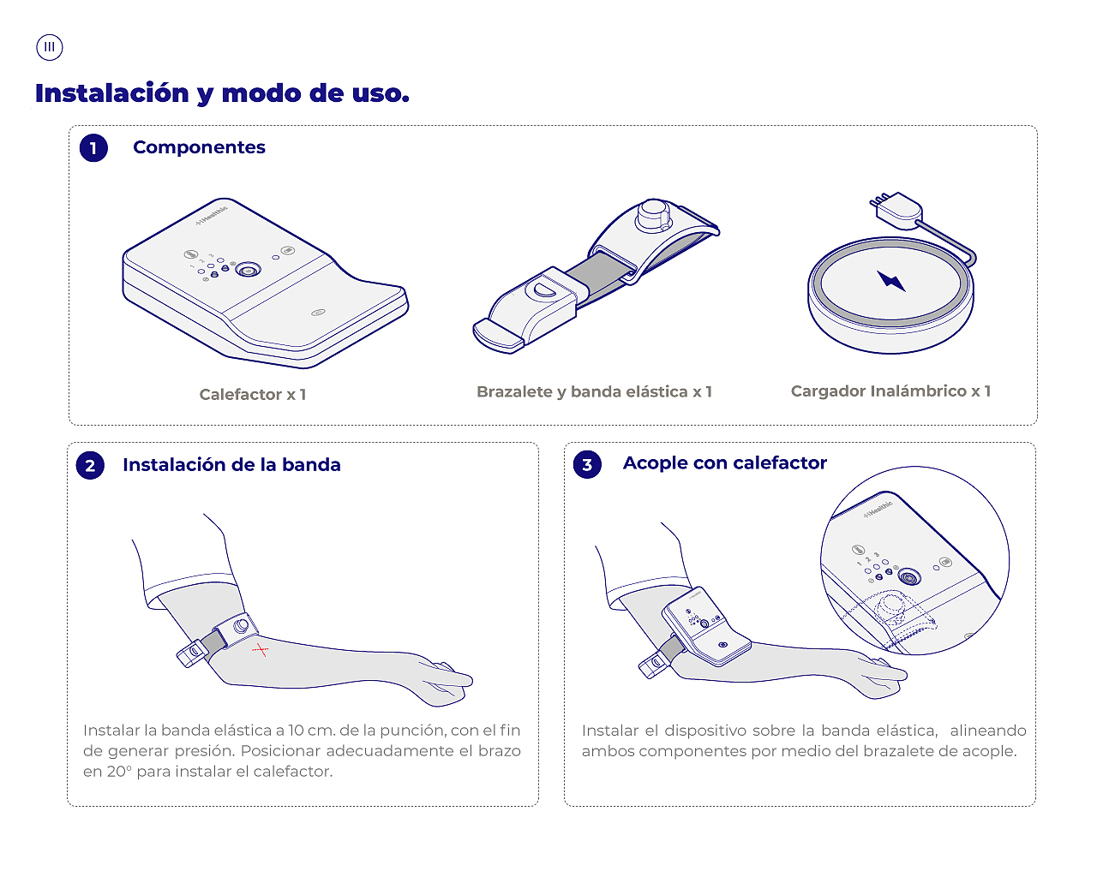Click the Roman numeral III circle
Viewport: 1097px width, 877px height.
(50, 47)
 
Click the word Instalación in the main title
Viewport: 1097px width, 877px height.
(112, 93)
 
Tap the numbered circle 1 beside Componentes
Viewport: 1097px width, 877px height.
(93, 148)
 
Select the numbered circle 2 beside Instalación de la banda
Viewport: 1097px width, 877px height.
(90, 465)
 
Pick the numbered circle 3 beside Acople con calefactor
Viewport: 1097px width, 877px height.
(587, 464)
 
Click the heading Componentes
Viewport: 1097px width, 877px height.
(200, 147)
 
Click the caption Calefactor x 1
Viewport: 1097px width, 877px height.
(253, 394)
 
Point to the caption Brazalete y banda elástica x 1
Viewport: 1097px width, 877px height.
(594, 391)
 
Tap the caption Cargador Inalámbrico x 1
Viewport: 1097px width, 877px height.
(890, 391)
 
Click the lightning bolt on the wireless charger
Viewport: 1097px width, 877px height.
(891, 281)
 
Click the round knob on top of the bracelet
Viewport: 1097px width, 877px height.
(653, 216)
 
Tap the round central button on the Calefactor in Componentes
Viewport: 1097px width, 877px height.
(249, 270)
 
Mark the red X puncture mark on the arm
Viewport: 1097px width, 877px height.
(261, 650)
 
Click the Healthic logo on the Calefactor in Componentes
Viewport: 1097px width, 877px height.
(212, 215)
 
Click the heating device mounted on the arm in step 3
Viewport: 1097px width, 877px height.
(706, 629)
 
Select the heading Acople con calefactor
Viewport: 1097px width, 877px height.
(724, 462)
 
